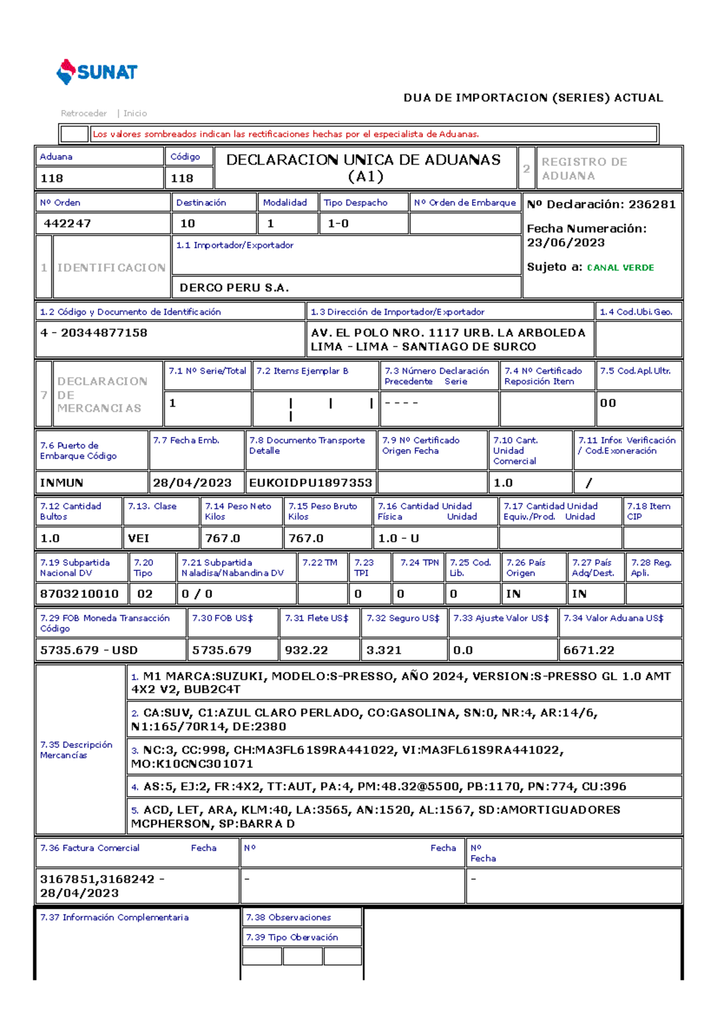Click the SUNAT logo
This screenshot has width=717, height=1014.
(97, 72)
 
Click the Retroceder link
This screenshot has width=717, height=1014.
(84, 113)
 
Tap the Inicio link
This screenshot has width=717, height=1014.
(135, 113)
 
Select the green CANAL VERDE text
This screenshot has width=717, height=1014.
(620, 268)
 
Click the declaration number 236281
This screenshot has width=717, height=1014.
(652, 204)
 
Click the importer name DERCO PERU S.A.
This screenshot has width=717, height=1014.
(234, 288)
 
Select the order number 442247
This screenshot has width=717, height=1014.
(67, 223)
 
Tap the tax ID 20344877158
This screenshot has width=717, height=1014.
(104, 333)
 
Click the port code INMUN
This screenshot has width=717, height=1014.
(62, 483)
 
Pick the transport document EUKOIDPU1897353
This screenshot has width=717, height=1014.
(310, 483)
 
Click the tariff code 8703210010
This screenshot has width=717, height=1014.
(79, 594)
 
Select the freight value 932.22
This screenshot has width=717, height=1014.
(306, 650)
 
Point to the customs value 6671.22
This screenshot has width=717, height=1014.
(589, 650)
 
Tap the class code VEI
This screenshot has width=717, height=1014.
(139, 538)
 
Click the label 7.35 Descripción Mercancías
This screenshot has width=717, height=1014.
(76, 749)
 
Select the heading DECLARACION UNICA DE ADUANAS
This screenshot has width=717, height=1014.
(363, 160)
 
